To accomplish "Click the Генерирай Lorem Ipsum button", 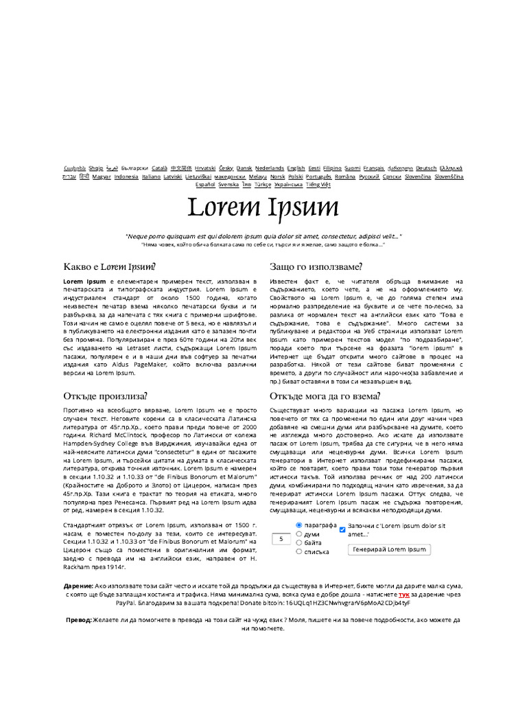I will point(388,549).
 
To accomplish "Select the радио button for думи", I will point(299,533).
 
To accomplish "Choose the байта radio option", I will point(299,542).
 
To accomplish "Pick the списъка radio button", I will point(299,551).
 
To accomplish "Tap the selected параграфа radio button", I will point(299,525).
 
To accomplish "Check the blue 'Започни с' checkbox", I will point(343,529).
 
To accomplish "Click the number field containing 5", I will point(281,540).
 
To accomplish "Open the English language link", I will point(296,168).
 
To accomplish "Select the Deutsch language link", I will point(426,168).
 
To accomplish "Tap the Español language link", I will point(205,184).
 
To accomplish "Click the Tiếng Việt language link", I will point(318,184).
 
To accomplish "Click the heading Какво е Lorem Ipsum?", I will point(109,266).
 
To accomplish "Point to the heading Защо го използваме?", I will point(316,266).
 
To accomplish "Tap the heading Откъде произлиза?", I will point(105,395).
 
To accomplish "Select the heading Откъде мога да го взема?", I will point(325,395).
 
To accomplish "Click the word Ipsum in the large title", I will point(302,208).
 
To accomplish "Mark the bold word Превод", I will point(78,619).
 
